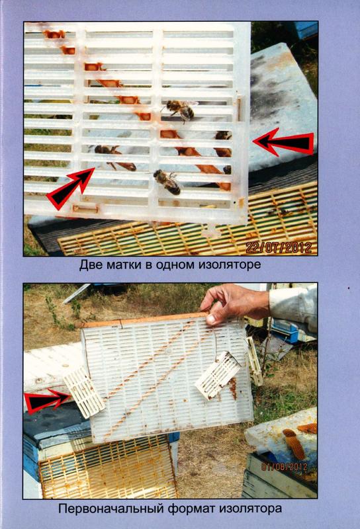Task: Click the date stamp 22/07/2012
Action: click(279, 248)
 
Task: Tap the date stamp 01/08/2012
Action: click(285, 467)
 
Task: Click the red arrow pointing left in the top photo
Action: click(284, 143)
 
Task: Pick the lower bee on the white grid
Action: click(167, 183)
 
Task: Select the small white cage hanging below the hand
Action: click(218, 375)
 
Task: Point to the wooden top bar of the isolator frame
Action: click(142, 321)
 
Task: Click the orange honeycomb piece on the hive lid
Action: click(294, 444)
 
